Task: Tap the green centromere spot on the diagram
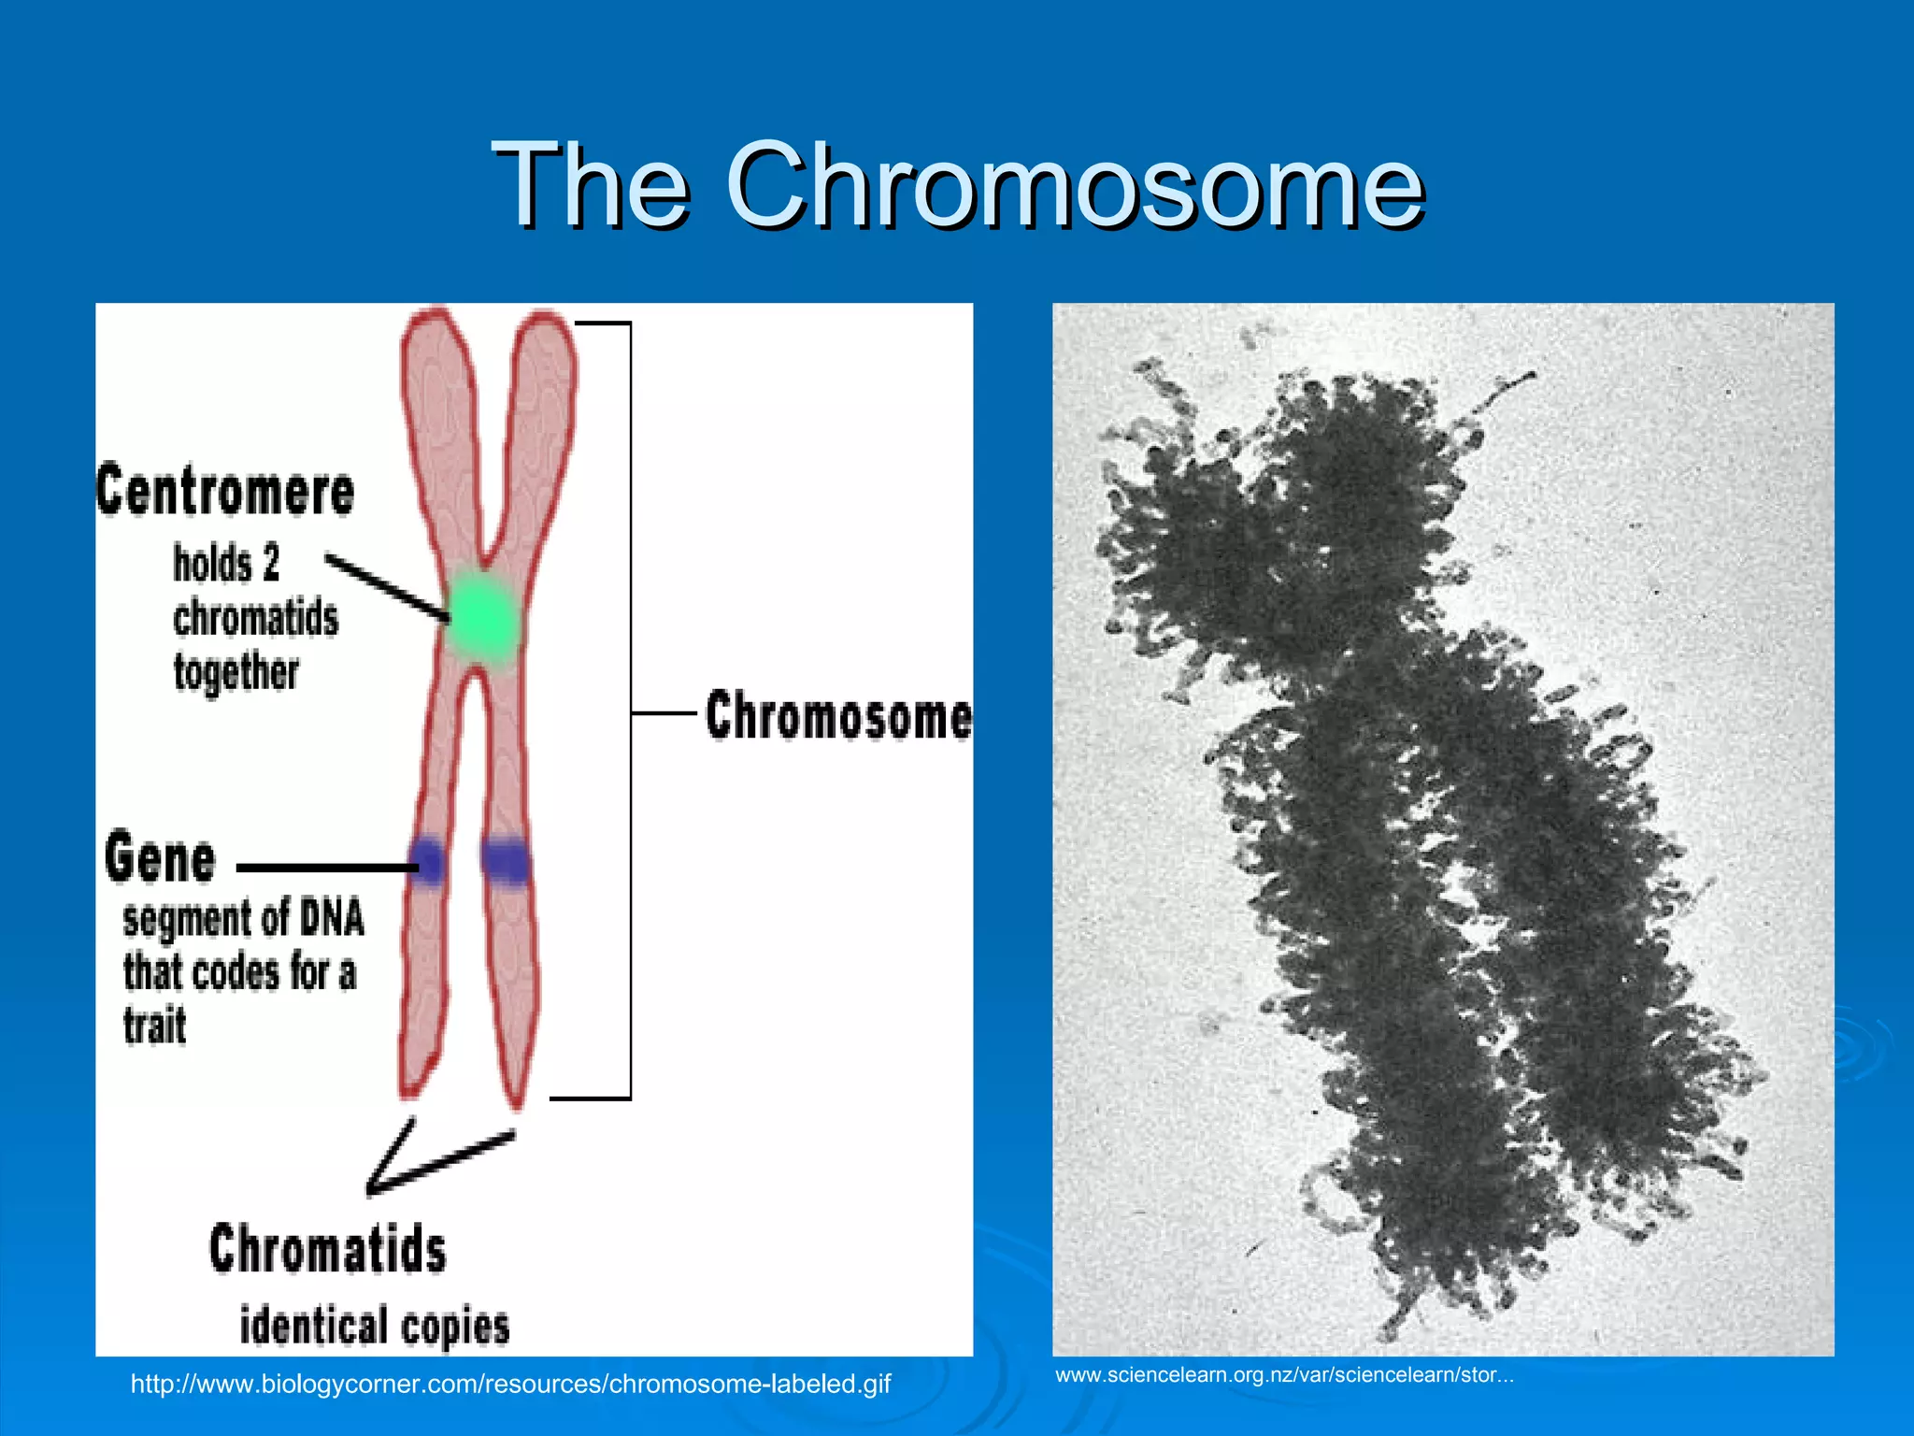click(481, 617)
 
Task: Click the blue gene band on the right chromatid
click(506, 861)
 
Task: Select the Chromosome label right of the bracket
click(838, 716)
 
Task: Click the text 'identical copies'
click(375, 1327)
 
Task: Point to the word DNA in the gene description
click(331, 917)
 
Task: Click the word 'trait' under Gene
click(155, 1026)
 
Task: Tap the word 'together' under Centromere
click(236, 672)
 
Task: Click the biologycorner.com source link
click(510, 1384)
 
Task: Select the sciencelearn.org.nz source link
click(1284, 1375)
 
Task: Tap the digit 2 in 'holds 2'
click(270, 564)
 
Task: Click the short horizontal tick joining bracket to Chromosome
click(664, 713)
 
